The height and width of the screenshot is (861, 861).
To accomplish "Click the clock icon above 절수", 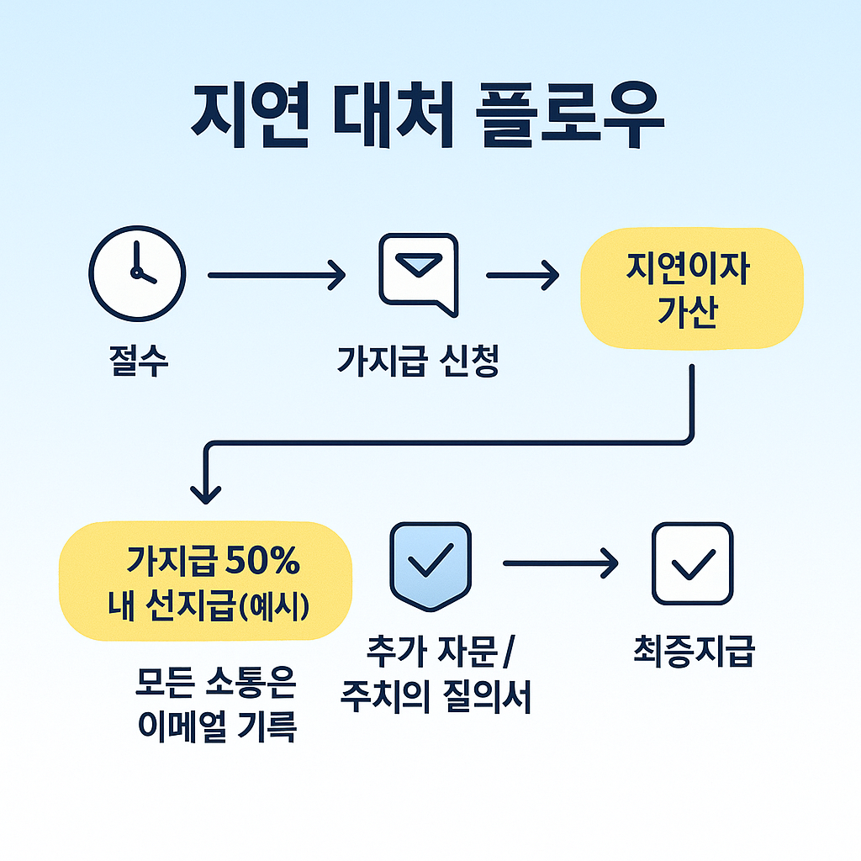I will pos(137,274).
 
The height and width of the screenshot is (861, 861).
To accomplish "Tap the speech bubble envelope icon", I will pos(418,273).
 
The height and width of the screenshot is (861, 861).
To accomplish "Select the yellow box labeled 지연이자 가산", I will pos(692,288).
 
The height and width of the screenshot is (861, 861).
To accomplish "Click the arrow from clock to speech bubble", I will pos(276,274).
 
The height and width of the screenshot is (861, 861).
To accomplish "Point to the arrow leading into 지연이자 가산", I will pos(523,274).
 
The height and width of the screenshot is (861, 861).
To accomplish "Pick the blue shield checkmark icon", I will pos(430,564).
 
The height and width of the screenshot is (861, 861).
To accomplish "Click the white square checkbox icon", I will pos(693,564).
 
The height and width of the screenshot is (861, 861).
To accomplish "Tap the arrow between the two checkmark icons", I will pos(560,564).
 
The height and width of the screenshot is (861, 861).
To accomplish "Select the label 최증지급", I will pos(693,652).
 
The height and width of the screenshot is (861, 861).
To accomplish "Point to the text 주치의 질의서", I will pos(436,698).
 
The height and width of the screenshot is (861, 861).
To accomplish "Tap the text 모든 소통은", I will pos(216,683).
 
